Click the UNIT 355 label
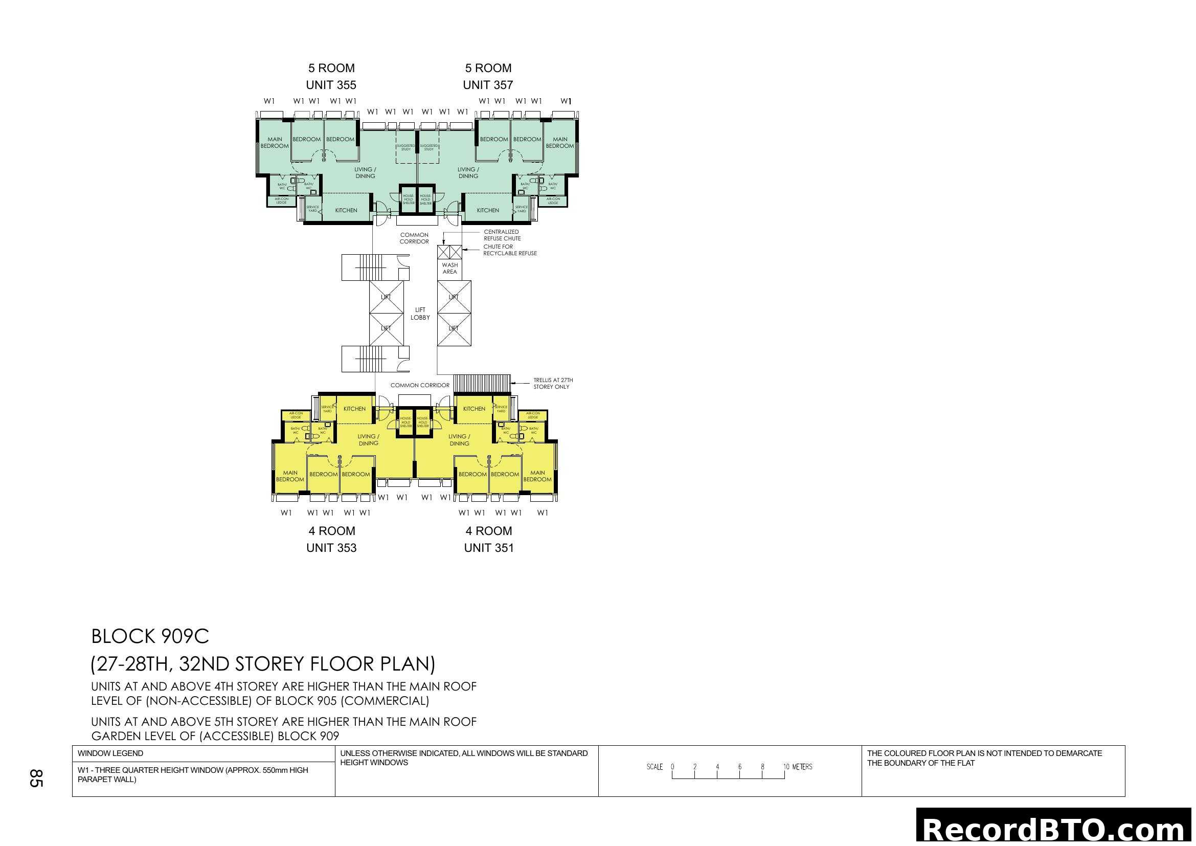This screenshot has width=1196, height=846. coord(331,85)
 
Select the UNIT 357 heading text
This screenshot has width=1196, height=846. coord(488,85)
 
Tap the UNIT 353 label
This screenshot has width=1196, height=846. coord(331,547)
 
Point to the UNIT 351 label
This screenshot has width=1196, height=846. coord(489,547)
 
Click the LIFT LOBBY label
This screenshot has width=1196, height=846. coord(420,314)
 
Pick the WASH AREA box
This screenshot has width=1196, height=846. coord(449,269)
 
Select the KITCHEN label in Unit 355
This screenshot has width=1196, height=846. coord(346,210)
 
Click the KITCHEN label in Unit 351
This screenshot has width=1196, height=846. coord(473,409)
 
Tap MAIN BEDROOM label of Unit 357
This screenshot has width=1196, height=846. coord(559,143)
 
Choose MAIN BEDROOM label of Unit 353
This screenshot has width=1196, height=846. coord(289,476)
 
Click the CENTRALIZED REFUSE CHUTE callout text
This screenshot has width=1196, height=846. coord(502,235)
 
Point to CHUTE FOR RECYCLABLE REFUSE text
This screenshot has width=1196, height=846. coord(509,250)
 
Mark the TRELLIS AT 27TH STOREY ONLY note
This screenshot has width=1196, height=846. coord(552,384)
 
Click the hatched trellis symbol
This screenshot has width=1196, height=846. coord(482,384)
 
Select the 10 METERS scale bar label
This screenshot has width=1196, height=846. coord(798,767)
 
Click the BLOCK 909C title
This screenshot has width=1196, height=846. coord(150,637)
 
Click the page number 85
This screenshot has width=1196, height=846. coord(35,778)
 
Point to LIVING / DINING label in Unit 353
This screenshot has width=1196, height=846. coord(368,440)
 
